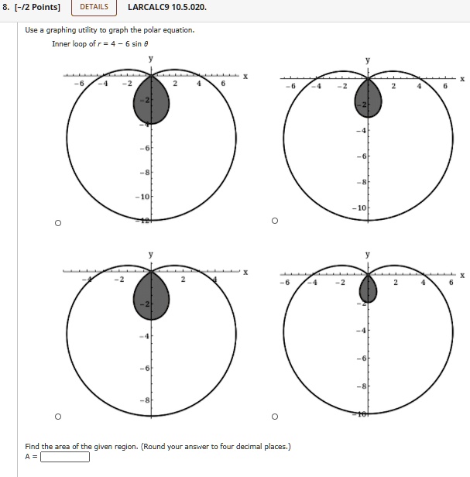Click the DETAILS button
[94, 9]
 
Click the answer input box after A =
[65, 456]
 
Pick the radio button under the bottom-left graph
[57, 417]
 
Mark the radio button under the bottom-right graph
[274, 417]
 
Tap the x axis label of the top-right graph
[462, 79]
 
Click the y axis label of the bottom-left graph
[151, 255]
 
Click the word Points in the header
[45, 9]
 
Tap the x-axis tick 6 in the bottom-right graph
[445, 283]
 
